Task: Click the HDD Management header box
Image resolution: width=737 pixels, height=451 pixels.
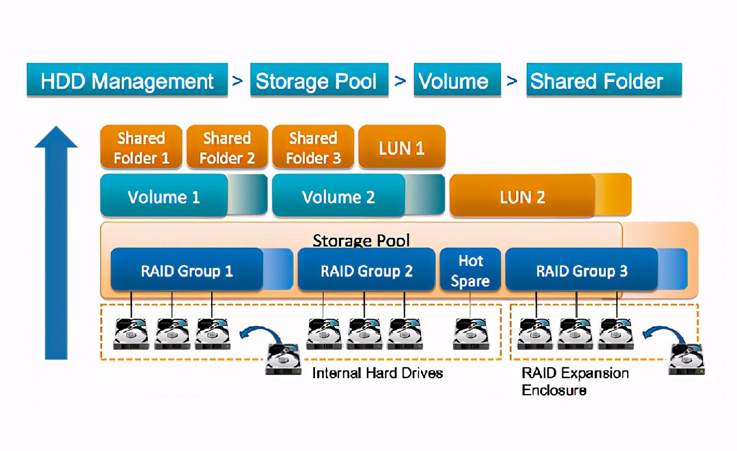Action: click(x=127, y=81)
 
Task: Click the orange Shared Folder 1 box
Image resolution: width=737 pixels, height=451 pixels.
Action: click(x=141, y=148)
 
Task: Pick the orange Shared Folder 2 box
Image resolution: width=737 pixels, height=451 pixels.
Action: click(x=227, y=148)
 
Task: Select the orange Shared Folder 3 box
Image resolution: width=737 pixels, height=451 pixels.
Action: click(x=313, y=148)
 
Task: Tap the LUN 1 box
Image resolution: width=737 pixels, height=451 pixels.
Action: click(x=402, y=148)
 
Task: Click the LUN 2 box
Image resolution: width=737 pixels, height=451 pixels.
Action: click(x=522, y=197)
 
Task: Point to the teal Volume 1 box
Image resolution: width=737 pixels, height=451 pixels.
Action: click(x=164, y=197)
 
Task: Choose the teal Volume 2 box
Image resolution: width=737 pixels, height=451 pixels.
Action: click(x=338, y=197)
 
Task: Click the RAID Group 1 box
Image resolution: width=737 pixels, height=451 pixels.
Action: click(x=187, y=271)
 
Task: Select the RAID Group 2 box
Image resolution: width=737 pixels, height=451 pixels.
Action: click(x=366, y=271)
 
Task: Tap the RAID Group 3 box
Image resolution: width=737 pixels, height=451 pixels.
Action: click(x=581, y=271)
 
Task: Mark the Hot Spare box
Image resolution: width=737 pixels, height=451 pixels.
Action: click(x=470, y=271)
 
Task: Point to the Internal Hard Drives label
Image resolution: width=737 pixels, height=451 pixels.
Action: click(x=377, y=373)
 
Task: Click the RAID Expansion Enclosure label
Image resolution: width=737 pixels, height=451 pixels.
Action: click(x=575, y=382)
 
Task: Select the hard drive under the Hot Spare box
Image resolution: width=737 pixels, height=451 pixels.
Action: click(x=471, y=333)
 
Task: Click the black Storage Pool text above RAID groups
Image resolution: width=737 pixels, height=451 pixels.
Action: click(x=361, y=241)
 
